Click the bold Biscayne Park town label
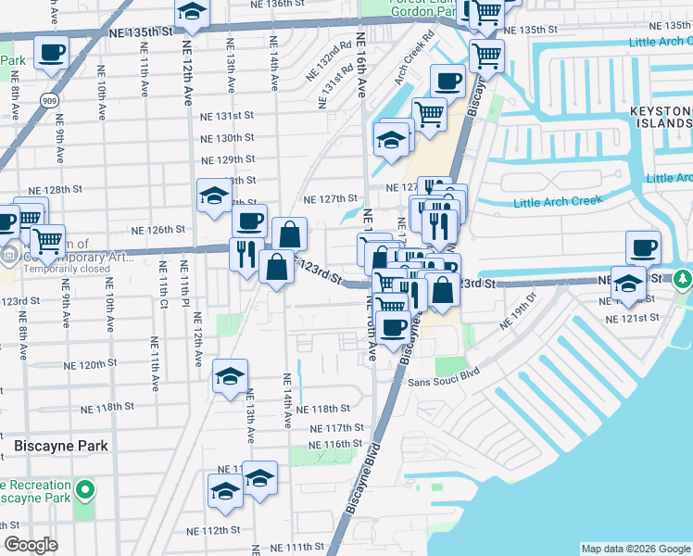click(x=61, y=446)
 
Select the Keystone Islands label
click(x=661, y=116)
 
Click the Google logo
click(x=30, y=545)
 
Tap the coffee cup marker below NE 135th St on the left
click(x=52, y=53)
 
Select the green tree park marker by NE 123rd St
click(x=683, y=278)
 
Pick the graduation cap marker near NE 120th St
click(x=230, y=376)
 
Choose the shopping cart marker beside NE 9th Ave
click(x=47, y=241)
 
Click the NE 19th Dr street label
click(x=519, y=310)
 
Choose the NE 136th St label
click(x=278, y=4)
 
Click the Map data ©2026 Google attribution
click(x=636, y=549)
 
